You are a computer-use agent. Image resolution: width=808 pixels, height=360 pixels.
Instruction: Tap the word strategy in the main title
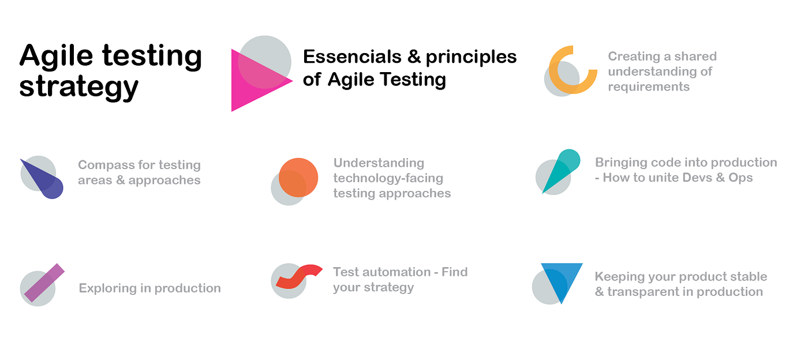pos(79,87)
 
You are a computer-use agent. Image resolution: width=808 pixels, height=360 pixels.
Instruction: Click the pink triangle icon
pos(255,81)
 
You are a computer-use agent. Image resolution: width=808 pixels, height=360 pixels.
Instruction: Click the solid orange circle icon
pos(298,177)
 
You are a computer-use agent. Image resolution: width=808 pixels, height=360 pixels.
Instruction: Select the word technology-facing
pos(388,178)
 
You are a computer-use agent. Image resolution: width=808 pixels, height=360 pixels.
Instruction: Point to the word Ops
pos(740,178)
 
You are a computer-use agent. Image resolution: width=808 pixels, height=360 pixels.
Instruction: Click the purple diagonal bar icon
pos(44,283)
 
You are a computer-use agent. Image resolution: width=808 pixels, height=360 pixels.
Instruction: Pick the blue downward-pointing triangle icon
pos(562,280)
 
